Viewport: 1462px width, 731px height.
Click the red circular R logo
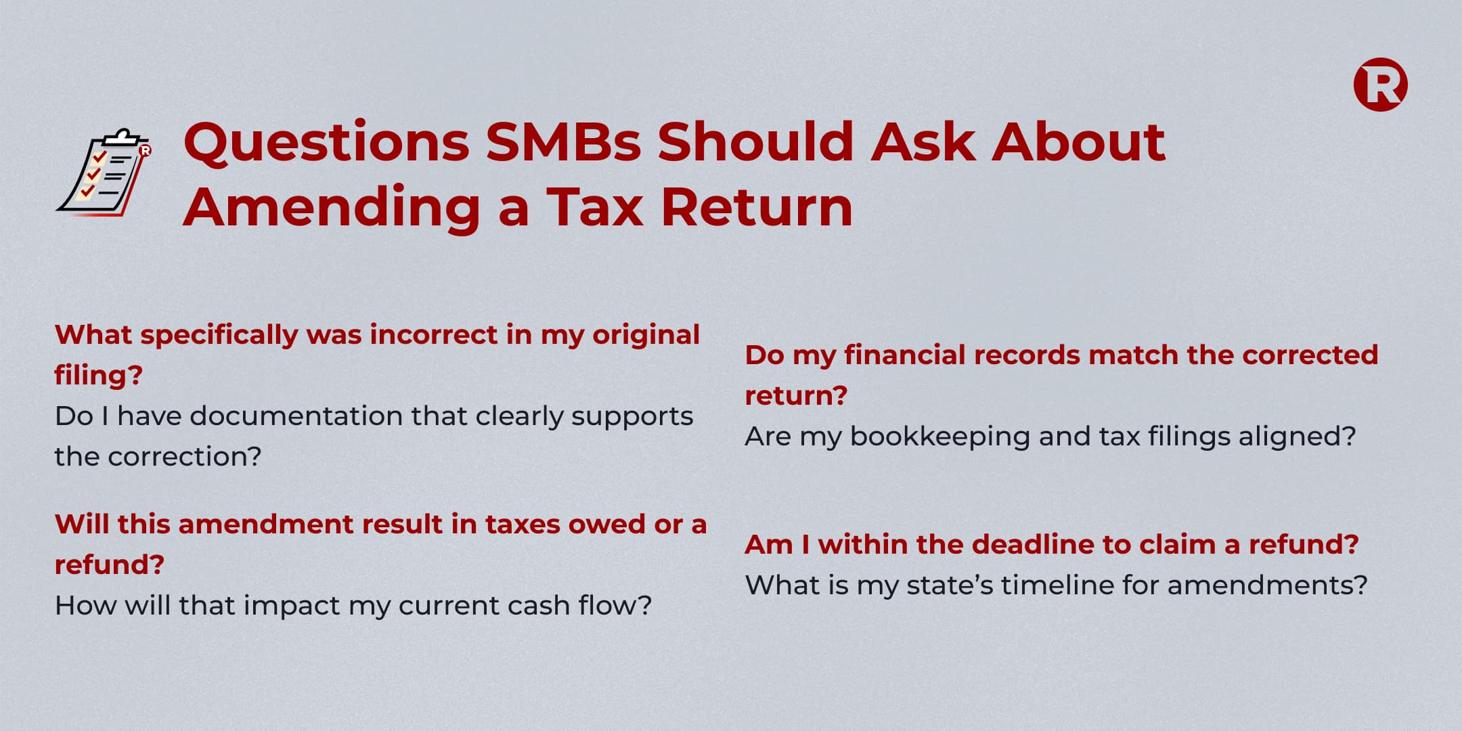pyautogui.click(x=1380, y=85)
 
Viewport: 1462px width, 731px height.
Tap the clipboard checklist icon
pyautogui.click(x=104, y=173)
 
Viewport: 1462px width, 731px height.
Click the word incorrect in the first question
pyautogui.click(x=434, y=334)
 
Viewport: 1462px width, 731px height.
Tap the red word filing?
pyautogui.click(x=99, y=375)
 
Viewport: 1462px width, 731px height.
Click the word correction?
pyautogui.click(x=185, y=456)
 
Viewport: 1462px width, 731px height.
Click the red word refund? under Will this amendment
pyautogui.click(x=110, y=564)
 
